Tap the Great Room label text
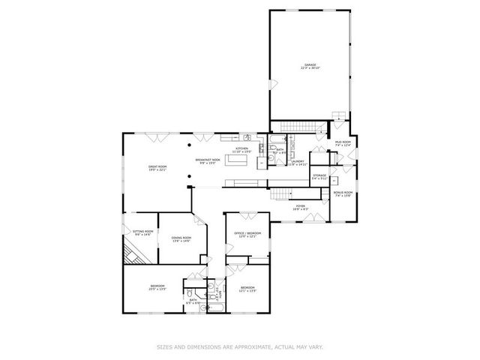click(157, 167)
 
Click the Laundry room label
click(298, 162)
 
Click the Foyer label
click(300, 207)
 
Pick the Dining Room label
click(182, 238)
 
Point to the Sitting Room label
click(143, 232)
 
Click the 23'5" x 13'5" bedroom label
click(157, 287)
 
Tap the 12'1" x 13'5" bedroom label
click(247, 289)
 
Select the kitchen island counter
click(239, 182)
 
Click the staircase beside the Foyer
click(280, 195)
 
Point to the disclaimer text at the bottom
click(240, 346)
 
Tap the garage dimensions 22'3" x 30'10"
click(310, 69)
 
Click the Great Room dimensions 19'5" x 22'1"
click(157, 170)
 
